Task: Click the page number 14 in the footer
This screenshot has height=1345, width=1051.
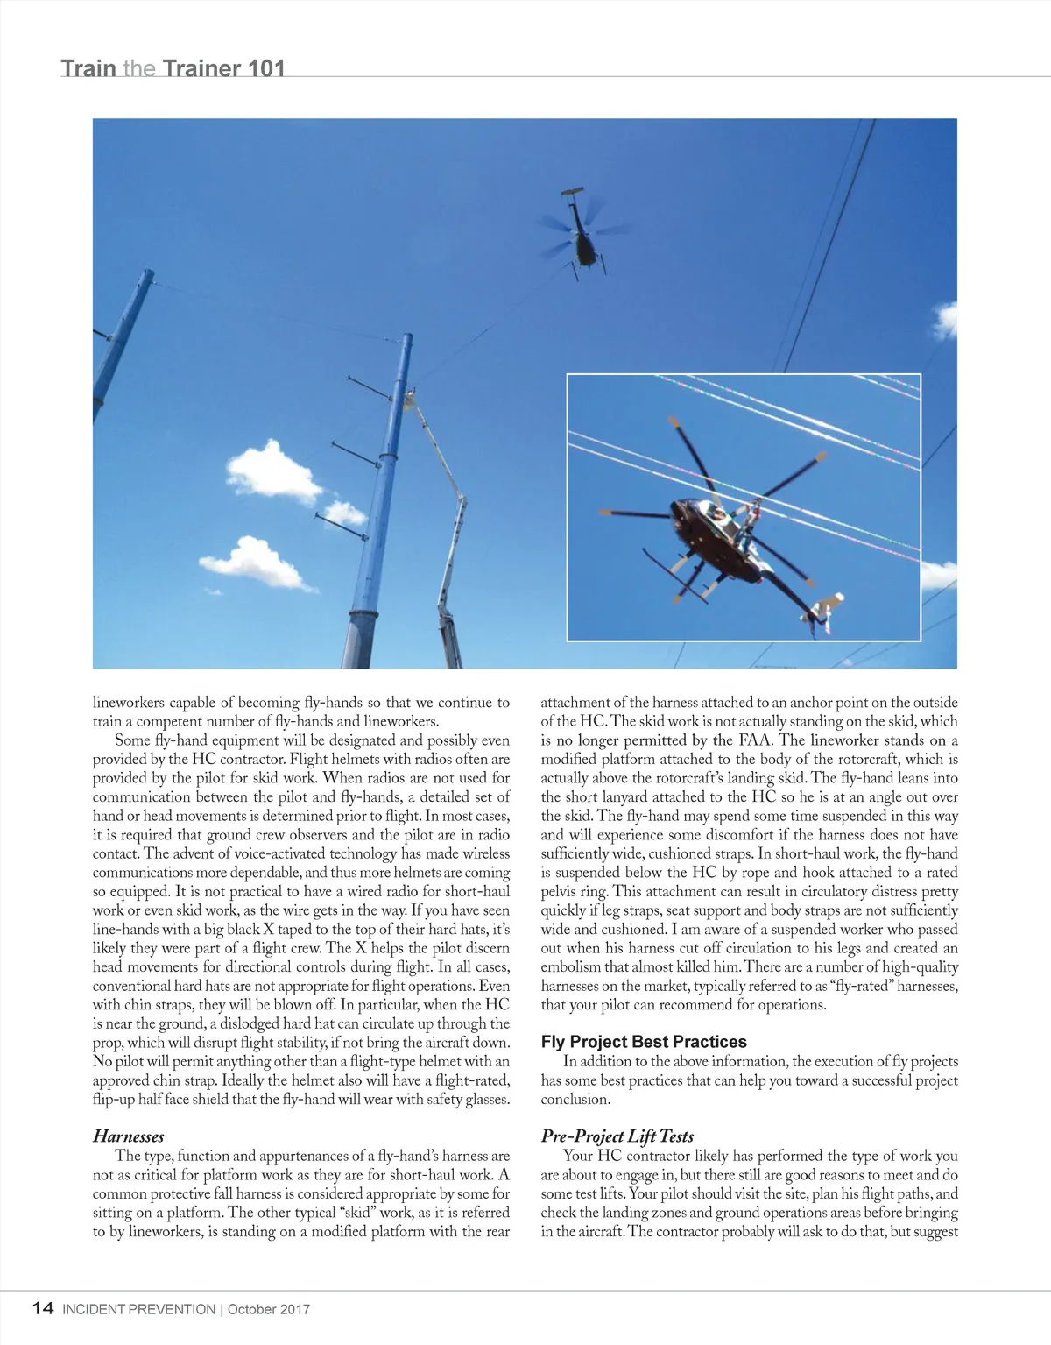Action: [x=43, y=1308]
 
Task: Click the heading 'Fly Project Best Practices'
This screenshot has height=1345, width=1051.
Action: [x=644, y=1042]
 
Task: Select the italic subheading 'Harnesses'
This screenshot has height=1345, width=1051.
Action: [x=129, y=1136]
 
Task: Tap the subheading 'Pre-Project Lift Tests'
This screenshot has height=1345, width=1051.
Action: [x=617, y=1136]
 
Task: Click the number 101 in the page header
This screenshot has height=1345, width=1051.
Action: [x=266, y=68]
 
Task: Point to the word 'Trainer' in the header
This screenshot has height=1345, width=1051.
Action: [x=201, y=68]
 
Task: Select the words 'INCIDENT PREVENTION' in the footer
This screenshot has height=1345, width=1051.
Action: [x=139, y=1310]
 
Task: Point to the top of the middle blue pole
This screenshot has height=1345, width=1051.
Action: [x=405, y=342]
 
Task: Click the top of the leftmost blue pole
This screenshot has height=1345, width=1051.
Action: [x=146, y=277]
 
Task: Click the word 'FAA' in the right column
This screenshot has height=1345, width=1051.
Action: [x=756, y=740]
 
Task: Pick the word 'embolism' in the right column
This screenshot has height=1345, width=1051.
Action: [x=568, y=967]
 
